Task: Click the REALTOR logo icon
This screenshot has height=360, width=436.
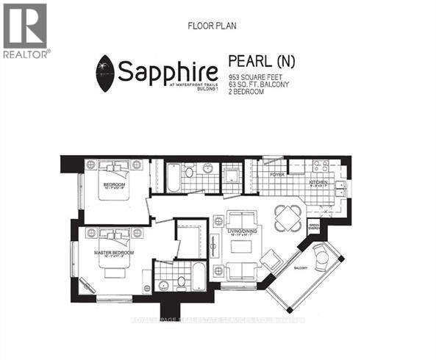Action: click(24, 26)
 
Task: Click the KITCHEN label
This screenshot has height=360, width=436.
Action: click(318, 181)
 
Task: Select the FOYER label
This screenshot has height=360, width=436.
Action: click(277, 175)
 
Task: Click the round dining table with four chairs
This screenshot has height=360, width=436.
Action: click(287, 215)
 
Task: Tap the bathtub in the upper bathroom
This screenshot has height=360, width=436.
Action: click(174, 177)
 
